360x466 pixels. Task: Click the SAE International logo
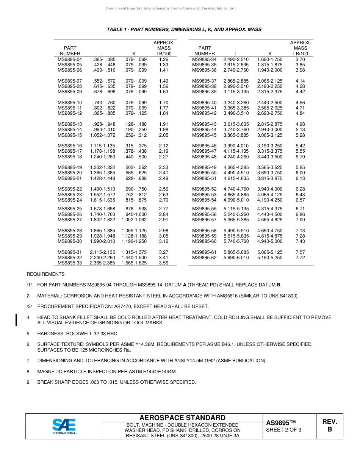64,426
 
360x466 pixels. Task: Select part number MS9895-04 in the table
70,59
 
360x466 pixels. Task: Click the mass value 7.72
300,258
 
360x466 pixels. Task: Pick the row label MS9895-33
70,263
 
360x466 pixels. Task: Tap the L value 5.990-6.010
236,258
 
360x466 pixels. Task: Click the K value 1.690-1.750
270,59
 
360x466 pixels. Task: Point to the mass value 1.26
164,59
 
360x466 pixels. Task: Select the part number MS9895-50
204,173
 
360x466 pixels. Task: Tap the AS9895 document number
280,423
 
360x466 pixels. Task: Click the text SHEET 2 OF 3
284,430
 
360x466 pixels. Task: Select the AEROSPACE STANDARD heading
182,418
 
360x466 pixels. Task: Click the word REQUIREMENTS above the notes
45,274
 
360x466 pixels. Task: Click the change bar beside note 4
16,320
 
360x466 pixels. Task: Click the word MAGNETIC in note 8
50,372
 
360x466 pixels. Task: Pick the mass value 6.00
300,173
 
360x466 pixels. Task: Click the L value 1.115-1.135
102,146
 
